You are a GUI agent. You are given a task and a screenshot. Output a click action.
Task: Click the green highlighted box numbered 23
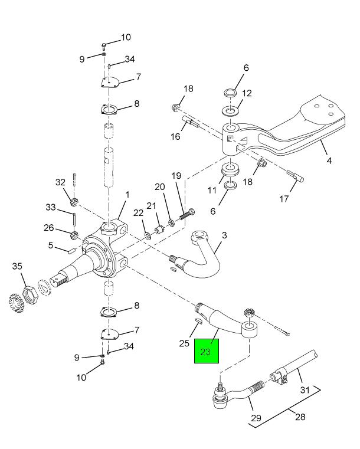pyautogui.click(x=207, y=352)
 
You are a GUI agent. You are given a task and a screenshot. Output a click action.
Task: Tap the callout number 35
pyautogui.click(x=17, y=267)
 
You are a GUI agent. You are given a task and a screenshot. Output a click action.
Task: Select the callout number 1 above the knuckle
pyautogui.click(x=127, y=194)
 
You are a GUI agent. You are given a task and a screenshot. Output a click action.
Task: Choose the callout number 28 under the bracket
pyautogui.click(x=300, y=417)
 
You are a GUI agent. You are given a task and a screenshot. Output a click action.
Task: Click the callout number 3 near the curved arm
pyautogui.click(x=224, y=236)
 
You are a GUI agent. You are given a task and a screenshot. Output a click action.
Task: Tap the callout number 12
pyautogui.click(x=247, y=93)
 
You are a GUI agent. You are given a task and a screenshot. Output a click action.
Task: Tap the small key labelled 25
pyautogui.click(x=199, y=322)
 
